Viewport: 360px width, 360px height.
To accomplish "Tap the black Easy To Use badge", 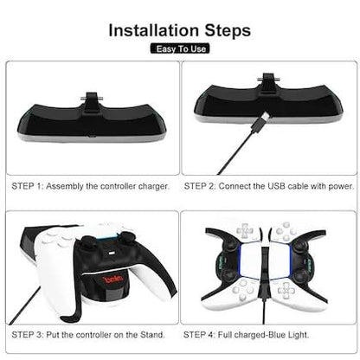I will click(x=179, y=49).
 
